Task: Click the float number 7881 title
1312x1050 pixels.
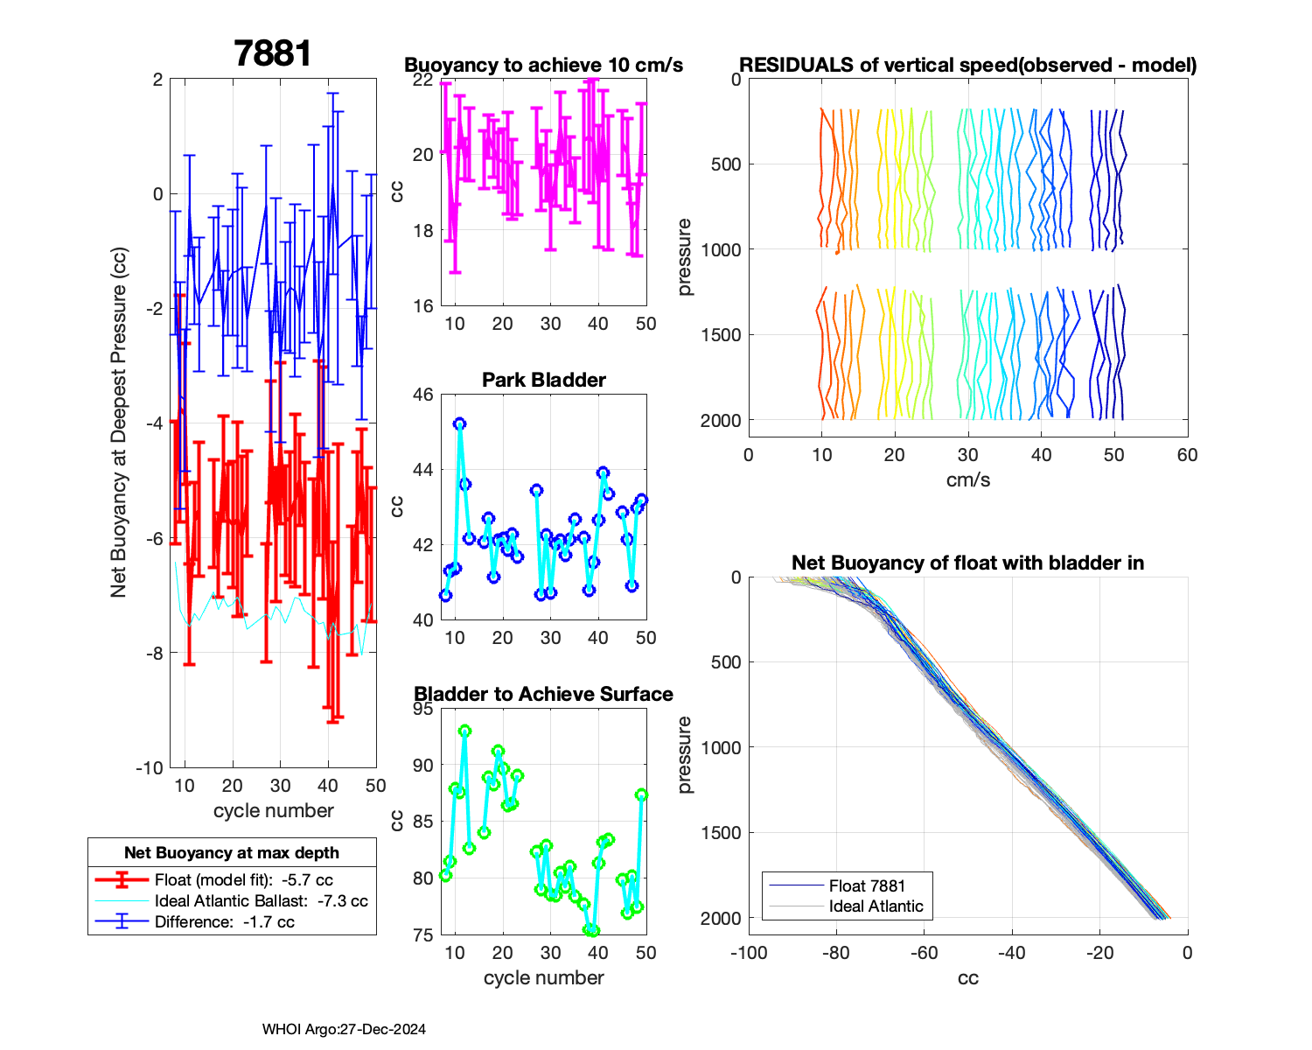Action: pos(273,54)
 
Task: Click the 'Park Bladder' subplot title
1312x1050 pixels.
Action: pos(544,380)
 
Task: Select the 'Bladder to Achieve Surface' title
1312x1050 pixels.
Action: pos(543,694)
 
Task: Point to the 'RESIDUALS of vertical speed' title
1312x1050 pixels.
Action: pos(967,65)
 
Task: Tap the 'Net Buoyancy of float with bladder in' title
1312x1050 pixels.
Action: pos(967,563)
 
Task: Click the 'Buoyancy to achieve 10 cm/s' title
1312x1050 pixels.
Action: pos(543,65)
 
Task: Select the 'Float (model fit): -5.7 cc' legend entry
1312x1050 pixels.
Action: pos(243,880)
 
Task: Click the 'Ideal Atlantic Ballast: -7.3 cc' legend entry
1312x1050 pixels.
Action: pos(261,901)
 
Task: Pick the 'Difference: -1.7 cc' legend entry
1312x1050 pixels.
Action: pos(224,921)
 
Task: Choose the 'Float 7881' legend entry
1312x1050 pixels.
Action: pos(867,886)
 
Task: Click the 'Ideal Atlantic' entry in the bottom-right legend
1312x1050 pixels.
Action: pos(876,906)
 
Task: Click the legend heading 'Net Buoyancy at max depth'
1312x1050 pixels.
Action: pos(232,853)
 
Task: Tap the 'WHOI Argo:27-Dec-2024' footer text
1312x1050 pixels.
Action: pos(344,1029)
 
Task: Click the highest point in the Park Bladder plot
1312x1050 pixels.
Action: pos(459,423)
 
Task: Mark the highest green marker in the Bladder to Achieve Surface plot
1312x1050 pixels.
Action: pos(464,731)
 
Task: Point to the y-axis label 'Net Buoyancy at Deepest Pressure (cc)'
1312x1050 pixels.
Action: pos(119,423)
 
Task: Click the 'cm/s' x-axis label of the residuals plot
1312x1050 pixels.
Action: pos(967,479)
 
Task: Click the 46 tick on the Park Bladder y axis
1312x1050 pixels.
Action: pos(422,395)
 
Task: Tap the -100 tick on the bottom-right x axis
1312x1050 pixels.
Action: pos(749,953)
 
